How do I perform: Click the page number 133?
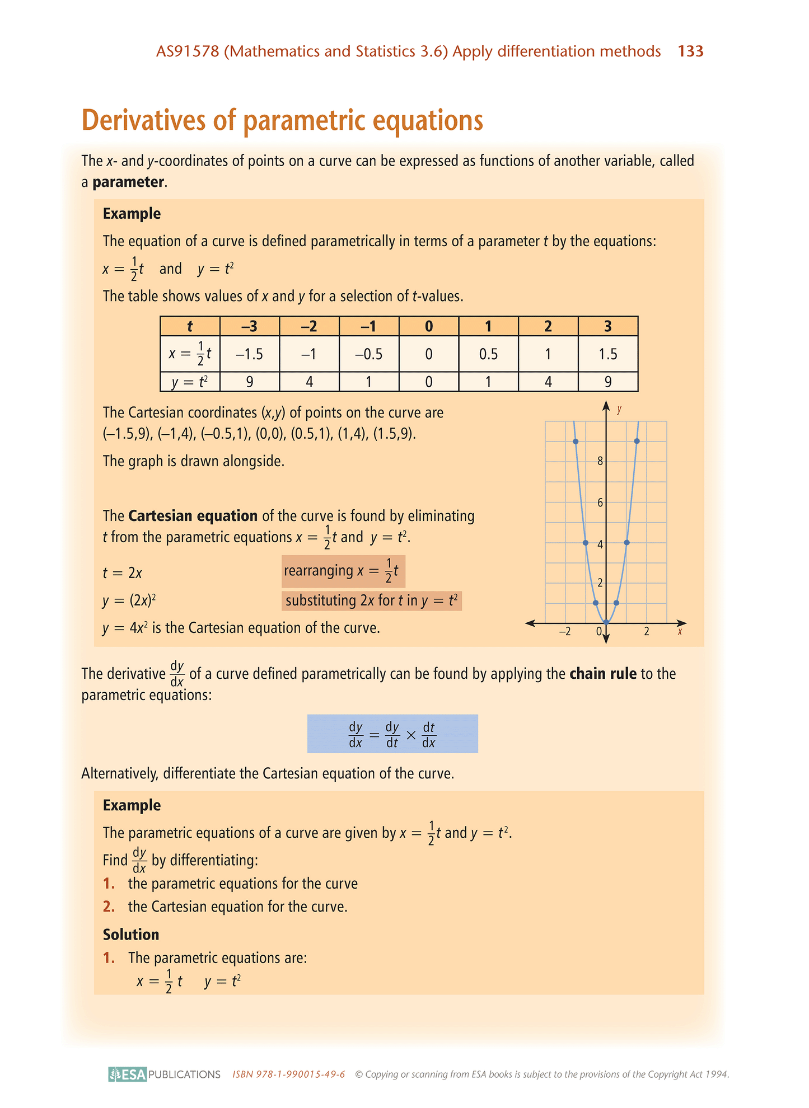(x=690, y=51)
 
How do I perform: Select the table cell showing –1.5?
(x=249, y=354)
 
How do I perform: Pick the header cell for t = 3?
(x=607, y=326)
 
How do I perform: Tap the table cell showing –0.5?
(x=368, y=354)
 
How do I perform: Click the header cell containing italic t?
(x=190, y=326)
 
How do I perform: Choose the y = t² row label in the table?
(x=190, y=382)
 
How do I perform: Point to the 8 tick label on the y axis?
(x=600, y=462)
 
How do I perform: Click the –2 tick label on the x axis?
(x=564, y=632)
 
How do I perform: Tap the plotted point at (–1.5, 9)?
(x=576, y=442)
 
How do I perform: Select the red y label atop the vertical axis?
(x=619, y=409)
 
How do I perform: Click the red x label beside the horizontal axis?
(x=680, y=632)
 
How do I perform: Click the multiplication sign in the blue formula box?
(x=410, y=734)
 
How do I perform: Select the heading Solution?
(x=131, y=934)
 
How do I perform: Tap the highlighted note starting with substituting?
(x=371, y=601)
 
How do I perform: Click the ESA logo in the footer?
(x=128, y=1074)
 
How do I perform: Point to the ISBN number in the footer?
(x=288, y=1074)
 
